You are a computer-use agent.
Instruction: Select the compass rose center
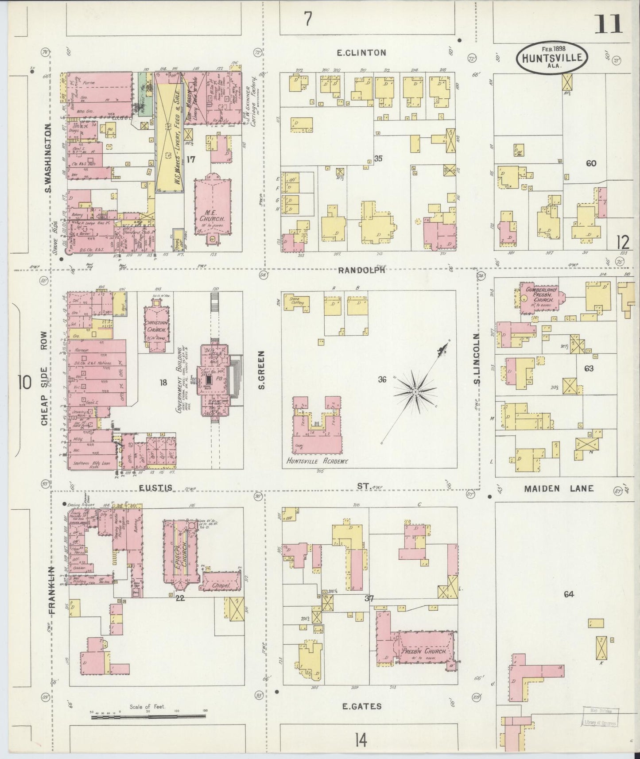tap(415, 392)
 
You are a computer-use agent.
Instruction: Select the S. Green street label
tap(261, 371)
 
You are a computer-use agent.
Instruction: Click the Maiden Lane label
tap(559, 488)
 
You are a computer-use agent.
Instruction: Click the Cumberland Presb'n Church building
tap(539, 298)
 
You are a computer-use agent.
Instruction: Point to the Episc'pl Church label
tap(178, 555)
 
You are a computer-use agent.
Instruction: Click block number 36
tap(382, 379)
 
